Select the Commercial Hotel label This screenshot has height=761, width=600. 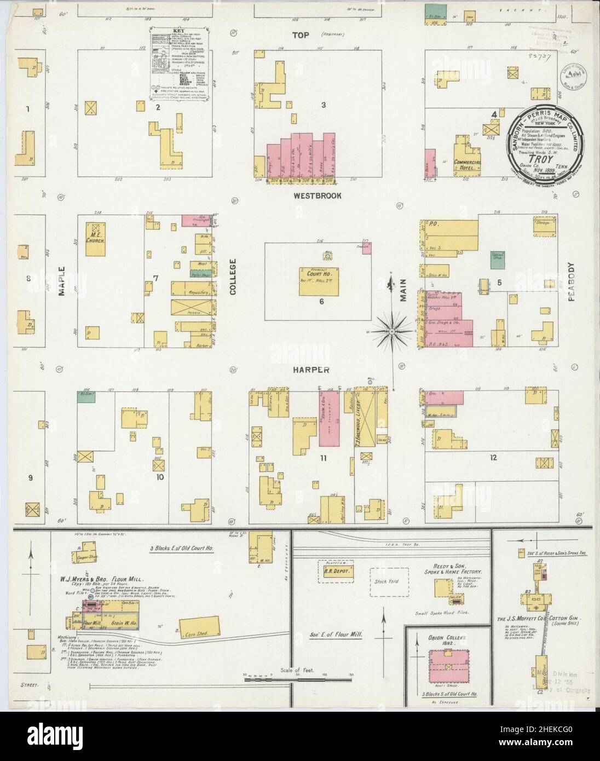(467, 165)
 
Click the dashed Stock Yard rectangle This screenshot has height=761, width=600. (388, 579)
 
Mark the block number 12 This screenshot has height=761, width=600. (493, 457)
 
